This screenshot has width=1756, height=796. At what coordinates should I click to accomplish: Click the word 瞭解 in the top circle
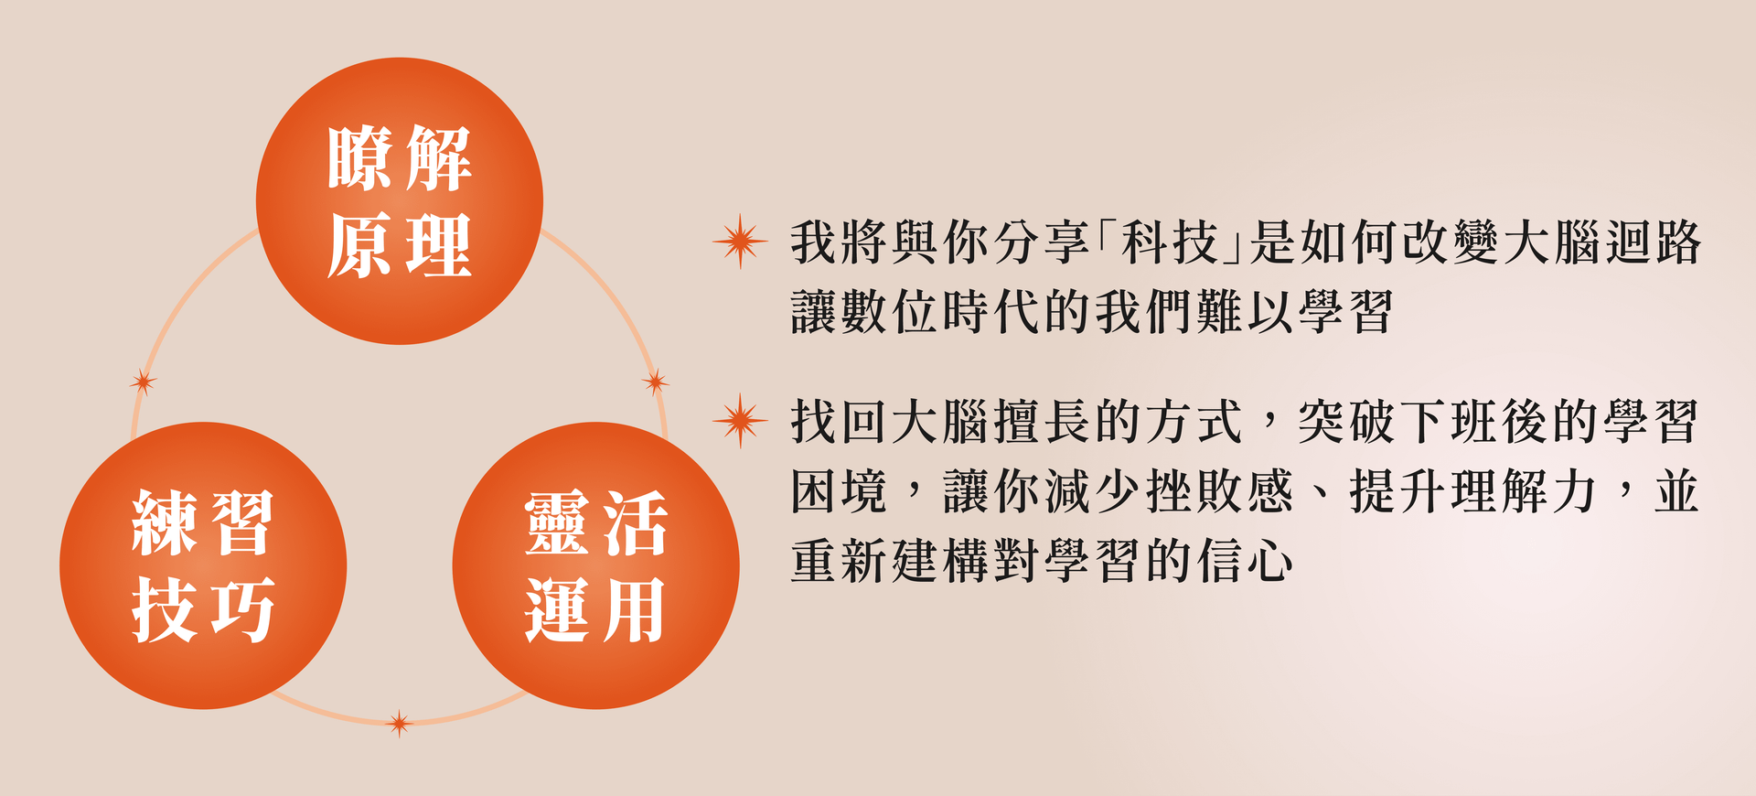(400, 158)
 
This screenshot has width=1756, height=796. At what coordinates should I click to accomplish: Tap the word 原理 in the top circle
(400, 245)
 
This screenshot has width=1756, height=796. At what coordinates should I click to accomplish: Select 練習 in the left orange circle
(203, 522)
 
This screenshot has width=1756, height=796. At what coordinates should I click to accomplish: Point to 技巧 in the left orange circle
(203, 609)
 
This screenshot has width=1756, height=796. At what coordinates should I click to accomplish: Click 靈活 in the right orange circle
(595, 522)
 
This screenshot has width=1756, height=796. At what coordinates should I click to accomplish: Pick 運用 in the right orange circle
(595, 609)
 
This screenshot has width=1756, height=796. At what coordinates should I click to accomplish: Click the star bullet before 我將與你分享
(740, 242)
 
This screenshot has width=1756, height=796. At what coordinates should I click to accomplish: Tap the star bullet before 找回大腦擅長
(740, 421)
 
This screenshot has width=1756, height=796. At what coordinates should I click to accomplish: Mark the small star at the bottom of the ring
(399, 724)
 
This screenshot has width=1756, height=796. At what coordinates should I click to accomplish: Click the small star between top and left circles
(143, 382)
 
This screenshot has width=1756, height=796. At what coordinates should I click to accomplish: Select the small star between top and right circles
(655, 382)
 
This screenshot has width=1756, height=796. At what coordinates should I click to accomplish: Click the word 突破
(1346, 422)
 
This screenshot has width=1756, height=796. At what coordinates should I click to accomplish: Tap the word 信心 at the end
(1246, 561)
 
